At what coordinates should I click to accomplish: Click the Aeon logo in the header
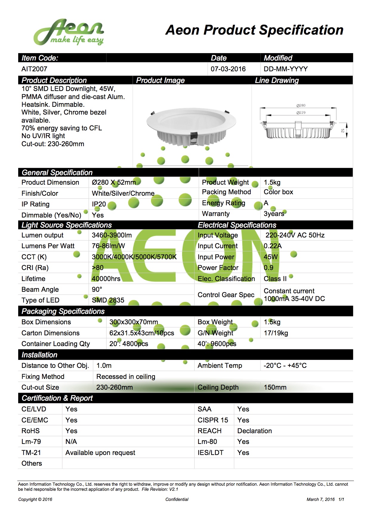coord(69,32)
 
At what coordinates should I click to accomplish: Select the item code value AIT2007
coord(34,69)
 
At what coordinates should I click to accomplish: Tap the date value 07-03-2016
coord(228,69)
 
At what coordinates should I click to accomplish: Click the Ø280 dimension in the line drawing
coord(301,106)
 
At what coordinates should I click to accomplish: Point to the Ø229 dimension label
coord(301,113)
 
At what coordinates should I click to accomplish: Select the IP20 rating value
coord(99,204)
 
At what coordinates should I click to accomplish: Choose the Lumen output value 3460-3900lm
coord(112,235)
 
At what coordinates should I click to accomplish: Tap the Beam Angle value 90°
coord(97,290)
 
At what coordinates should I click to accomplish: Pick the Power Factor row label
coord(218,268)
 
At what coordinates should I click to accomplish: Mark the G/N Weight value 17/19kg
coord(276,333)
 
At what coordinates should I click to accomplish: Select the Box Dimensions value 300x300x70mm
coord(133,322)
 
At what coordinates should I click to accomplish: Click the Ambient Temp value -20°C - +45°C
coord(285,366)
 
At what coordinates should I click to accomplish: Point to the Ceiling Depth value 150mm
coord(275,388)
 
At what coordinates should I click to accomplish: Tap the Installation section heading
coord(39,355)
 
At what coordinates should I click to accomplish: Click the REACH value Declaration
coord(254,431)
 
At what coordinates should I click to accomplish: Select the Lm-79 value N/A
coord(71,442)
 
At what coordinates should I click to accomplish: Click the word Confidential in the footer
coord(177,499)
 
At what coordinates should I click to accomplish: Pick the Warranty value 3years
coord(274,214)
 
